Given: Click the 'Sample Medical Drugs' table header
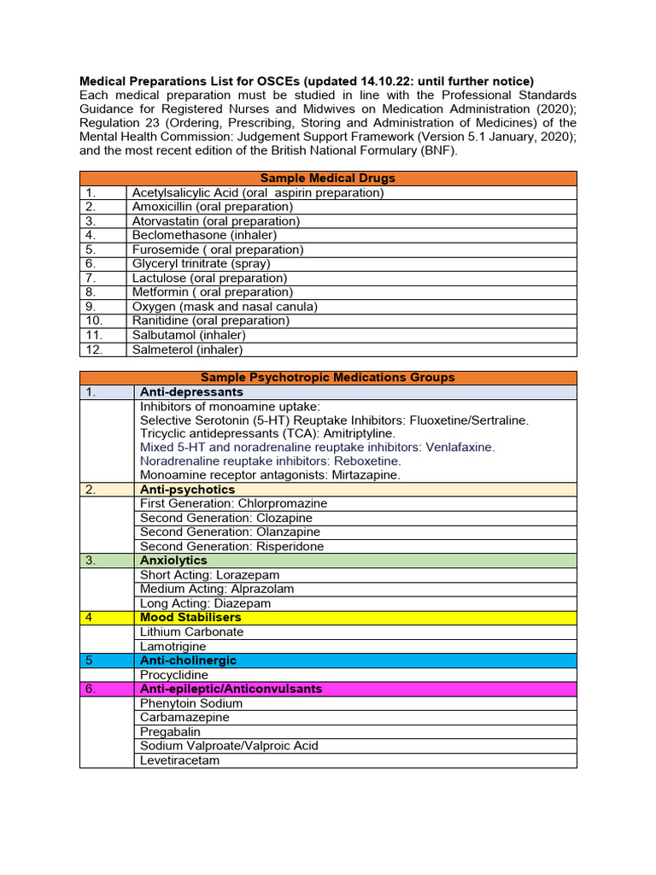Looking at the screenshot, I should (x=327, y=179).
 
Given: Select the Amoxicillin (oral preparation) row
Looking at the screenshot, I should (x=212, y=207).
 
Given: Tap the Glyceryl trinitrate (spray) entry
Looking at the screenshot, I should (x=201, y=264).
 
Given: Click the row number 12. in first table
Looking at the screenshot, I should (x=93, y=349).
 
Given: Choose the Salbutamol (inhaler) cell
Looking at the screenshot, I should (x=187, y=335).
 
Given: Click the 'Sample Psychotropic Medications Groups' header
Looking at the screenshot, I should (x=327, y=378).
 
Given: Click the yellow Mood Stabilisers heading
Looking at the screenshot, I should (x=190, y=617).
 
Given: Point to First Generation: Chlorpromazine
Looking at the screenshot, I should (x=233, y=503).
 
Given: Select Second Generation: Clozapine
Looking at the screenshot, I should (x=226, y=518).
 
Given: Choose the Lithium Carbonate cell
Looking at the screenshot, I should (x=192, y=631).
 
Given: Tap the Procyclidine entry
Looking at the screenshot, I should (x=174, y=675).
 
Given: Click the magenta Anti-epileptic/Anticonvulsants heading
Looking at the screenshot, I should (x=231, y=689).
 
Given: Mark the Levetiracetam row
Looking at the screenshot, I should (x=179, y=760).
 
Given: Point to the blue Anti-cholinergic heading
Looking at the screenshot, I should (x=188, y=661).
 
